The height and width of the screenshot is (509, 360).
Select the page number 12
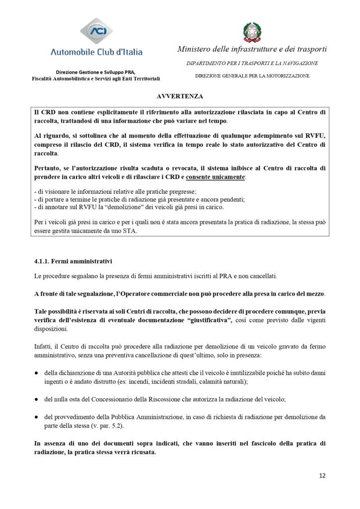coord(322,475)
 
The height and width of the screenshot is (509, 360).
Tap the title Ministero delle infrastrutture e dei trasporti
coord(252,50)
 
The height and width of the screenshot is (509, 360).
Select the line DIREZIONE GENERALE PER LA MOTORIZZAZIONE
coord(252,76)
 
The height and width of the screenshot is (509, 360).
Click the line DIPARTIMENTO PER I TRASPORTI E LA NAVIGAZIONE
coord(252,64)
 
